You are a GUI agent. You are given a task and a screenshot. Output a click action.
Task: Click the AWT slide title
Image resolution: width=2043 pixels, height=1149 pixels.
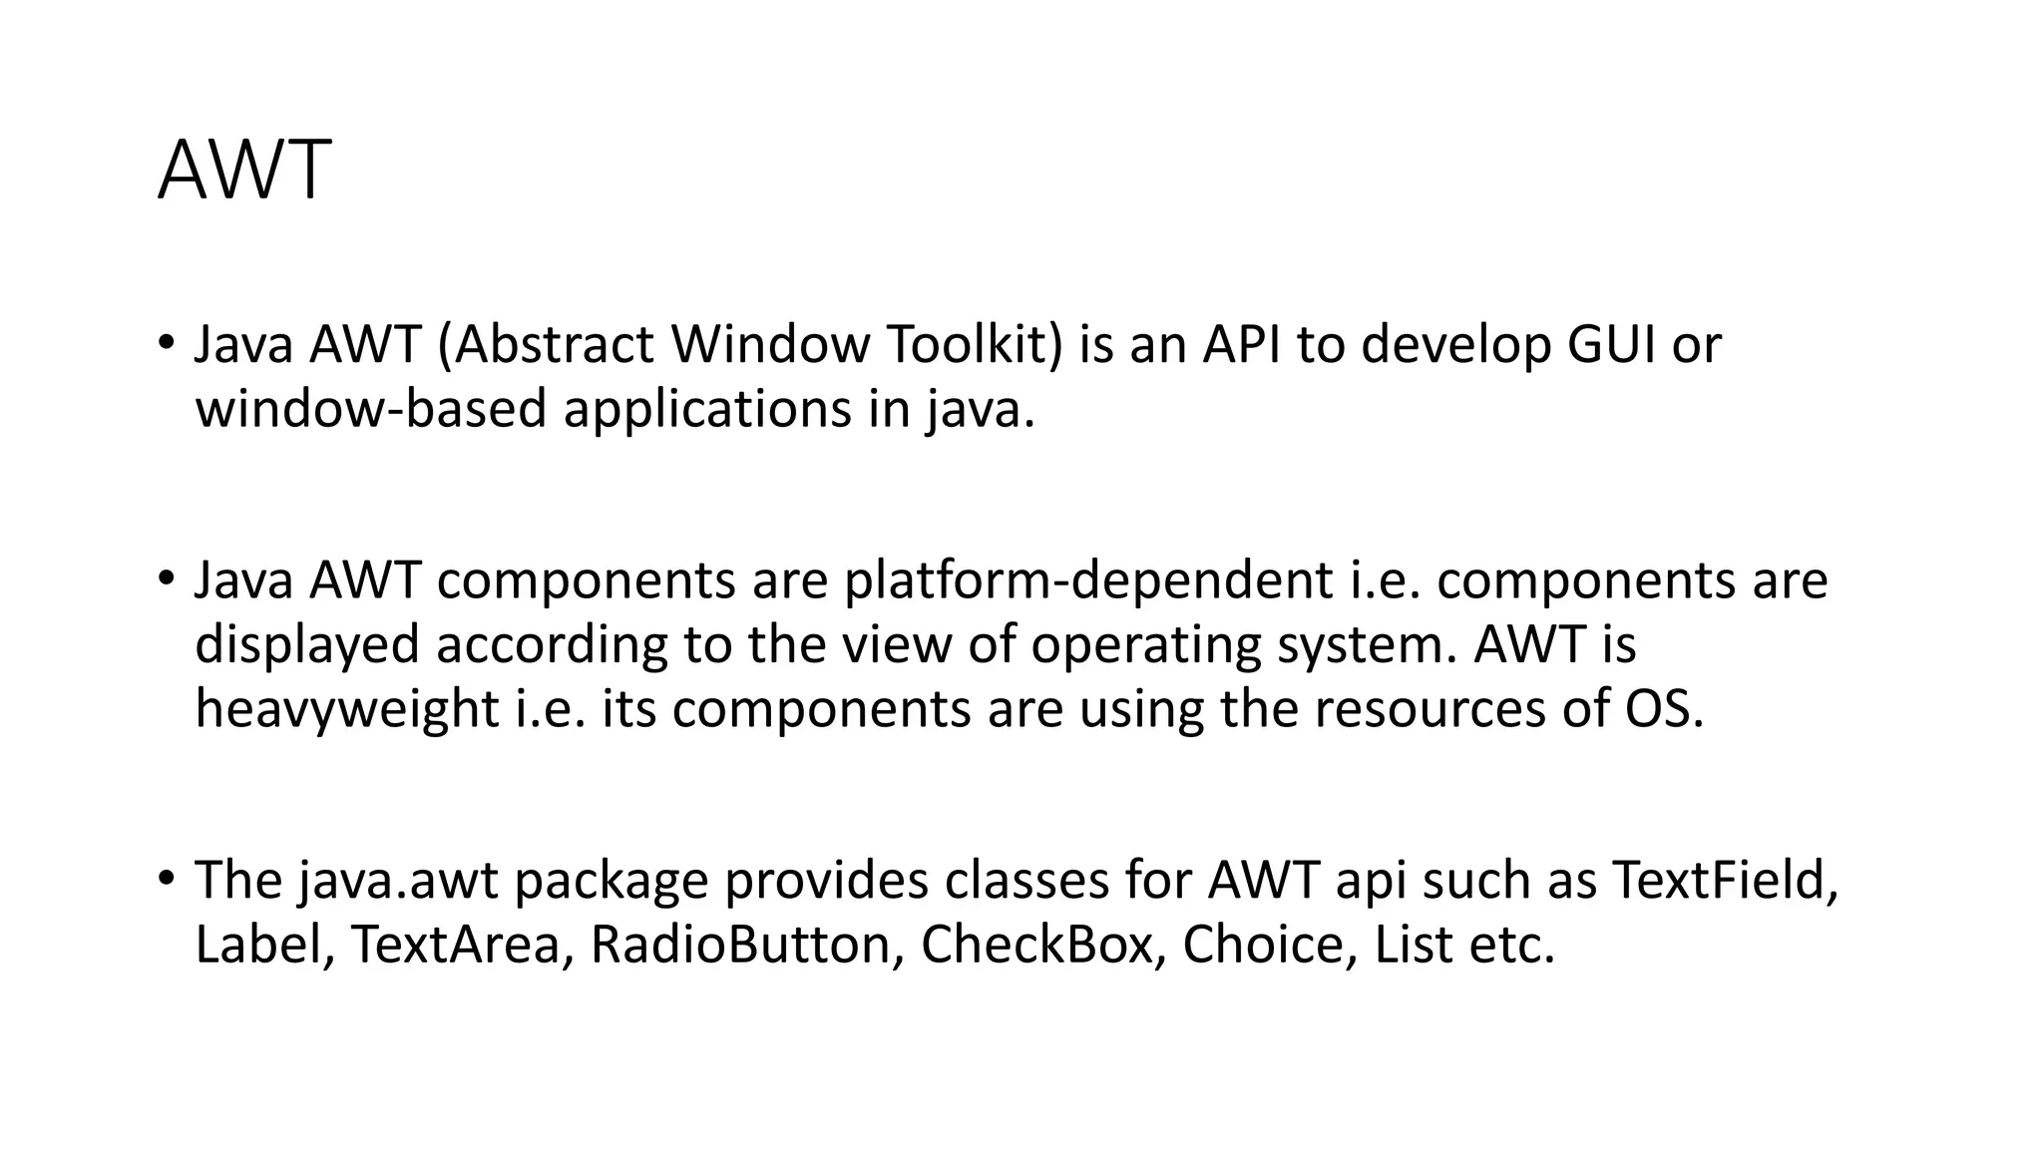click(x=243, y=171)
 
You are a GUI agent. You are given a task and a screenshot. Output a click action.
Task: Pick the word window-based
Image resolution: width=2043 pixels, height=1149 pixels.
click(x=370, y=410)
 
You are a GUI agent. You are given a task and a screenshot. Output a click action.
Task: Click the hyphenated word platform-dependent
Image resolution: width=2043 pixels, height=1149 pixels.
click(x=1088, y=581)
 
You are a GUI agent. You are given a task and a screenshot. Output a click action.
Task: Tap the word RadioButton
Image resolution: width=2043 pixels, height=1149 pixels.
click(x=739, y=945)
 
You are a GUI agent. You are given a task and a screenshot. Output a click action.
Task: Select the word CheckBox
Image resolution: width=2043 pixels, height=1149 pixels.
click(x=1035, y=945)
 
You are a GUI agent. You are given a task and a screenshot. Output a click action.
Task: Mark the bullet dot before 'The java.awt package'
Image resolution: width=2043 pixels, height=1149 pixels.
click(x=166, y=878)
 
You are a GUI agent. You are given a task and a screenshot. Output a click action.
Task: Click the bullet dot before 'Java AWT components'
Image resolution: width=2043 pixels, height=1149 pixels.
click(x=166, y=578)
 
